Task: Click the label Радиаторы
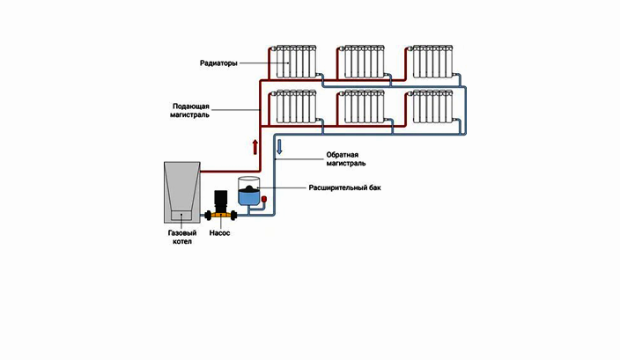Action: click(x=218, y=63)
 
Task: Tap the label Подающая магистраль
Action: click(x=190, y=111)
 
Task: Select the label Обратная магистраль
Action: click(x=345, y=158)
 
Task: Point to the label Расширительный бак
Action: click(x=344, y=187)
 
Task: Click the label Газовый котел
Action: click(x=182, y=237)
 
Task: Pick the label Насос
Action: click(x=219, y=233)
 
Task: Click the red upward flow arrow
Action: click(x=255, y=147)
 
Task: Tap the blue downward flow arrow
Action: click(x=279, y=147)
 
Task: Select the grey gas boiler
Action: click(x=182, y=192)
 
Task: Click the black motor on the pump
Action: click(x=221, y=202)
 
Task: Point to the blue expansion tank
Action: click(x=248, y=192)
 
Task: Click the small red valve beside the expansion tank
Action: click(x=264, y=199)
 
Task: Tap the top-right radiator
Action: click(x=432, y=62)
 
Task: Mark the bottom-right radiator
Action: click(x=432, y=107)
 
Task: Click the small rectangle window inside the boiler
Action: click(x=181, y=216)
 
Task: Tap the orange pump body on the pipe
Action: click(x=221, y=216)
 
